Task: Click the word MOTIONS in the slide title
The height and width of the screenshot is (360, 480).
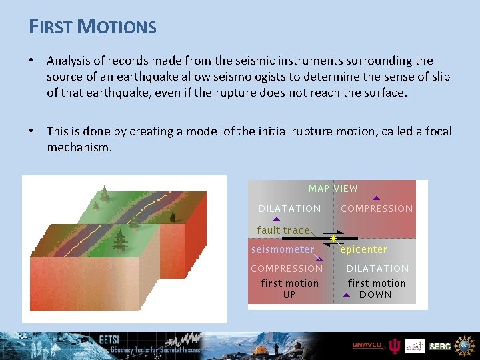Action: click(x=117, y=27)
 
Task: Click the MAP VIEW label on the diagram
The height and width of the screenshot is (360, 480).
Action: click(x=332, y=189)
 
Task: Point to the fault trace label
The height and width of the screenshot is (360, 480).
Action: click(x=283, y=230)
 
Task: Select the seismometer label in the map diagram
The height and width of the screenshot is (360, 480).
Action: click(x=282, y=249)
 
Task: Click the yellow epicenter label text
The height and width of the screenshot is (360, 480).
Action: click(x=363, y=249)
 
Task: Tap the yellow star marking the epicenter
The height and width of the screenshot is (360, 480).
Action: click(x=333, y=237)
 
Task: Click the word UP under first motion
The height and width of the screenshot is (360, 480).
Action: click(x=289, y=294)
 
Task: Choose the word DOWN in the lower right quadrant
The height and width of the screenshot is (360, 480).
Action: click(x=375, y=294)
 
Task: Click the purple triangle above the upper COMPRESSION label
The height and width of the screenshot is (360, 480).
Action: click(x=376, y=198)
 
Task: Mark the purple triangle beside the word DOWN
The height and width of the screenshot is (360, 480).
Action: click(x=349, y=294)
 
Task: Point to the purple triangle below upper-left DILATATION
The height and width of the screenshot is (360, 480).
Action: click(x=276, y=218)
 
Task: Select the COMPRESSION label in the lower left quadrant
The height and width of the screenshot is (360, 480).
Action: click(x=286, y=268)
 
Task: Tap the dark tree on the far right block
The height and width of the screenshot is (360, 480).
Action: click(x=173, y=216)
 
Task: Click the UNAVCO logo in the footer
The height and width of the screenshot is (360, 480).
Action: click(x=367, y=345)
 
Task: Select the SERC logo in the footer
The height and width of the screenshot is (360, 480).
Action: click(x=440, y=346)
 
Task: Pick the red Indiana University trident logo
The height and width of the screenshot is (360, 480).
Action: click(x=395, y=345)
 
